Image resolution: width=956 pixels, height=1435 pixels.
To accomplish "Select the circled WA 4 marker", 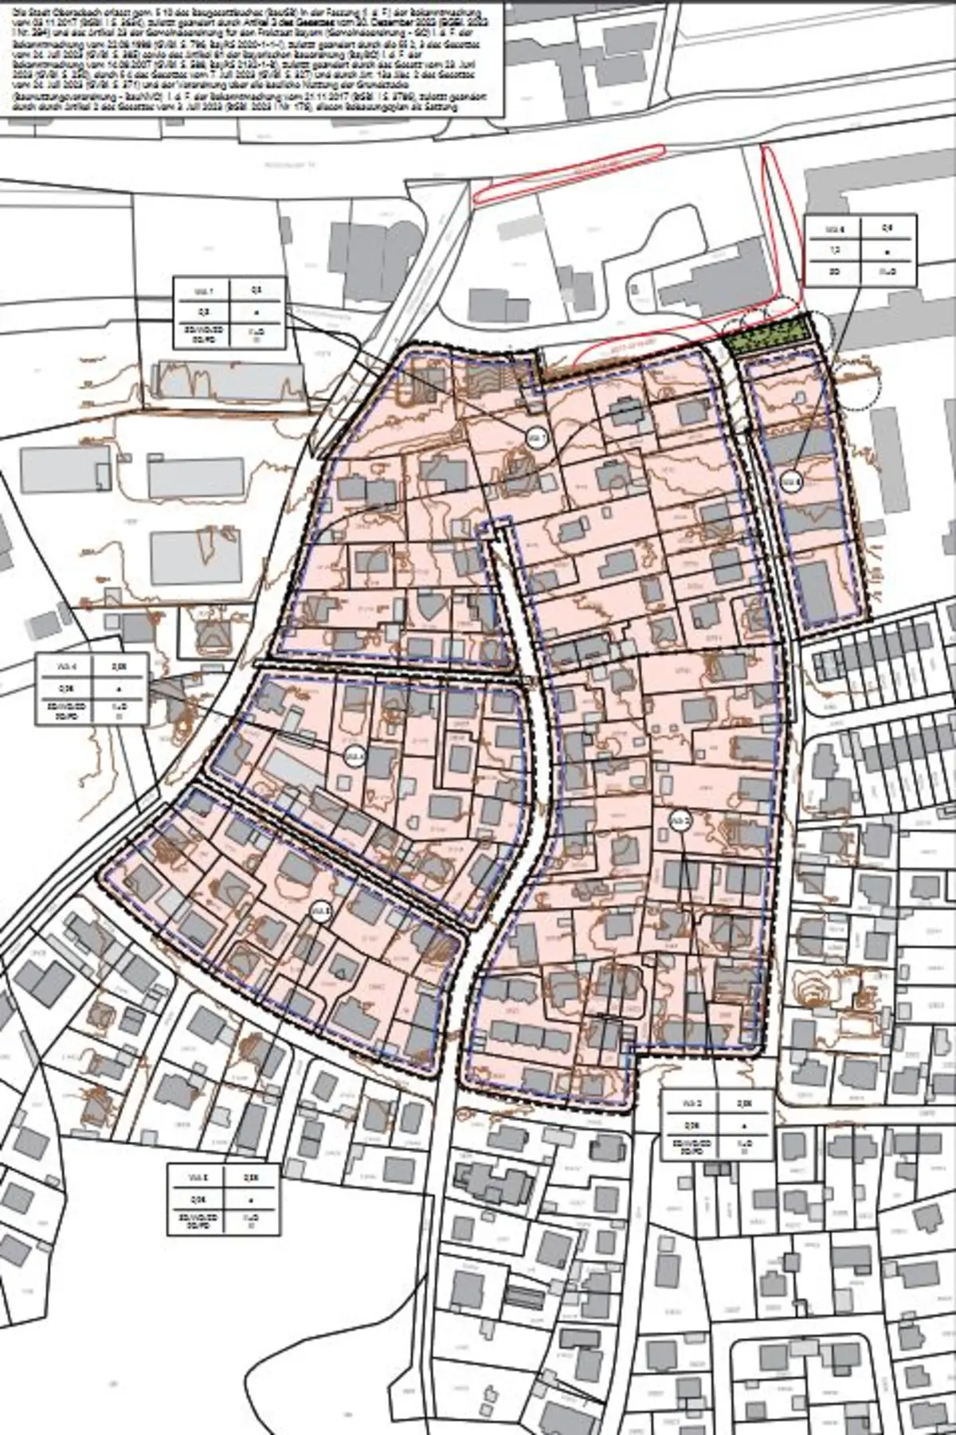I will pos(355,756).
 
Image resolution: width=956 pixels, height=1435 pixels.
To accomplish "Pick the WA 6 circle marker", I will pos(790,481).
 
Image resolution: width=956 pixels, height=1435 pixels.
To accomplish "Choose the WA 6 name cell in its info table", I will pos(833,228).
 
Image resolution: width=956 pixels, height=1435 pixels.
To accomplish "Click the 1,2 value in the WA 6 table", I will pos(833,249).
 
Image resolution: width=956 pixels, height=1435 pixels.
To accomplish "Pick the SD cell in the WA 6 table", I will pos(833,271).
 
